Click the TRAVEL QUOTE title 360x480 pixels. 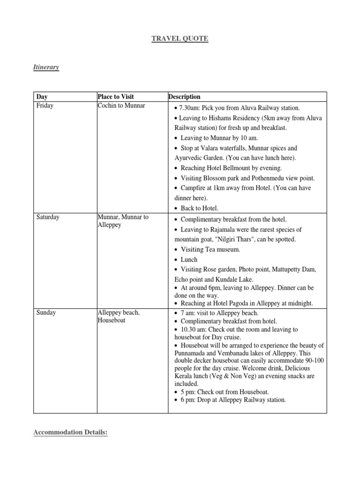point(180,38)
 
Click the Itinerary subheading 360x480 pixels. point(46,67)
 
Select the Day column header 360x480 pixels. point(42,97)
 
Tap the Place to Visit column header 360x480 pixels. point(115,97)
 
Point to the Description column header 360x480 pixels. point(184,97)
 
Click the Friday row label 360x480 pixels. point(45,105)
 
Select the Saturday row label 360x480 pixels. point(48,217)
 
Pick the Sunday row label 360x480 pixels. point(46,313)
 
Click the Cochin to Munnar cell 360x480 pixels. point(121,105)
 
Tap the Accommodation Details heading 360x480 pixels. point(70,432)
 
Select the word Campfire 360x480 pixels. point(195,188)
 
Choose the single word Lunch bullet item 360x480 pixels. point(189,259)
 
